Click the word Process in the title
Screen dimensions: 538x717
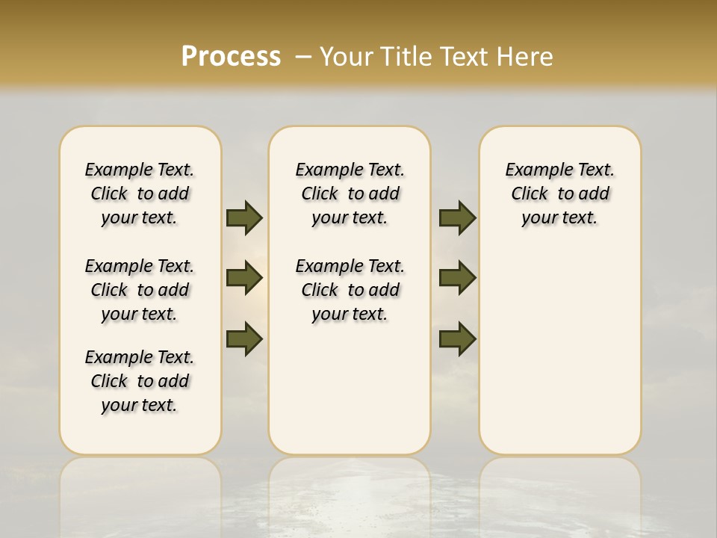coord(231,57)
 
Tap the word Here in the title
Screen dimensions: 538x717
coord(526,57)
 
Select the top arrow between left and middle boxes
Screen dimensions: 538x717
coord(244,218)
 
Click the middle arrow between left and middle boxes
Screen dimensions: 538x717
coord(244,278)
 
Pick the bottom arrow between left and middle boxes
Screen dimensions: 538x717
coord(244,340)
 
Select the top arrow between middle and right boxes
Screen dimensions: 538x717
coord(457,218)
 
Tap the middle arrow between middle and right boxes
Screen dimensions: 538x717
coord(457,278)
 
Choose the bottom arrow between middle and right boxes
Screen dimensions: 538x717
coord(457,340)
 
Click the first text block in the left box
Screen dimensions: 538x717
coord(140,194)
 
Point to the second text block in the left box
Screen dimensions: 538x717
coord(140,290)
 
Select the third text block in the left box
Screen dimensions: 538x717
coord(140,381)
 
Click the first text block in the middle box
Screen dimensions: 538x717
coord(350,194)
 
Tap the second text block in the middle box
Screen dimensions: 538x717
coord(350,290)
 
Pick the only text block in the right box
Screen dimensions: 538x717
coord(559,194)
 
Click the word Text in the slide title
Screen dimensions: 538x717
coord(468,57)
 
